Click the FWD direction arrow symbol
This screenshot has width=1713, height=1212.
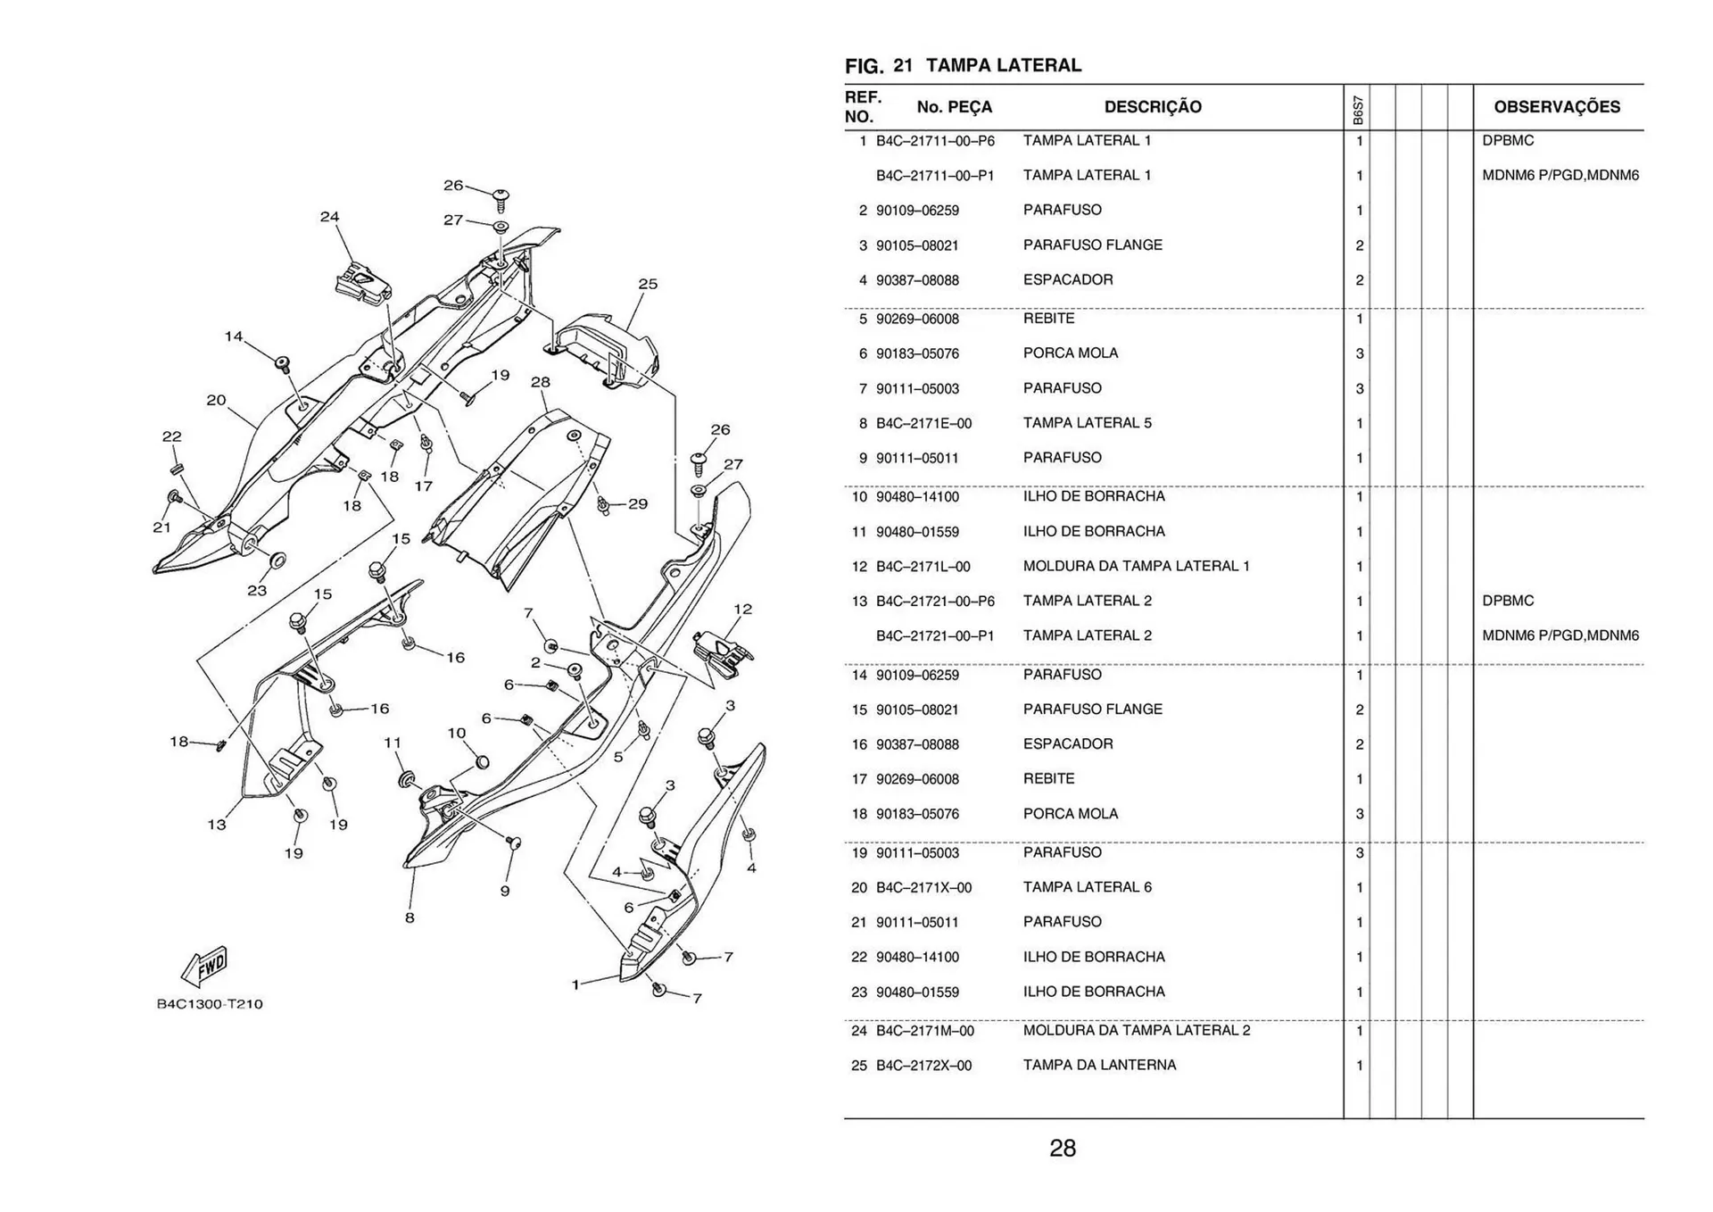[204, 967]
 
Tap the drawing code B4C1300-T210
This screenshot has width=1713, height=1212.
[210, 1004]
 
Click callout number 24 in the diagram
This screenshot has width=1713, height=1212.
[329, 217]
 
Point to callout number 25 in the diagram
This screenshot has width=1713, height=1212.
[648, 284]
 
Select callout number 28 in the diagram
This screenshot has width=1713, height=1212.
[541, 382]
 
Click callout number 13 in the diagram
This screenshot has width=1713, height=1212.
[217, 825]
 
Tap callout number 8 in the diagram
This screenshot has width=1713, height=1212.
[410, 917]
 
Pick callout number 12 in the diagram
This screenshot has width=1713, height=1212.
[742, 609]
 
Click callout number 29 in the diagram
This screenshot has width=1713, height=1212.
[638, 503]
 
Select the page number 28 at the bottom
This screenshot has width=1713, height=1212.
[1063, 1149]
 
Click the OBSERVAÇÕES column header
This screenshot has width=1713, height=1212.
[1557, 107]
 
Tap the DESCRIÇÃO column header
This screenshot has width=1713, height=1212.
[1153, 107]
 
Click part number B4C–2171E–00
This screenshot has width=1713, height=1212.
[923, 423]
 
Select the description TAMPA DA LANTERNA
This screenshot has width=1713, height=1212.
[1099, 1065]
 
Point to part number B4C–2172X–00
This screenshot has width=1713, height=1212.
[923, 1066]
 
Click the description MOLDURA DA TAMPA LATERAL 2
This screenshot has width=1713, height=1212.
[1137, 1030]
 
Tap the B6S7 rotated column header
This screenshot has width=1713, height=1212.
[1357, 110]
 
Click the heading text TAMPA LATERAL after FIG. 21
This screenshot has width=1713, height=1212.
[1004, 65]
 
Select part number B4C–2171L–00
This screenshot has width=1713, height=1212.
[923, 567]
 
